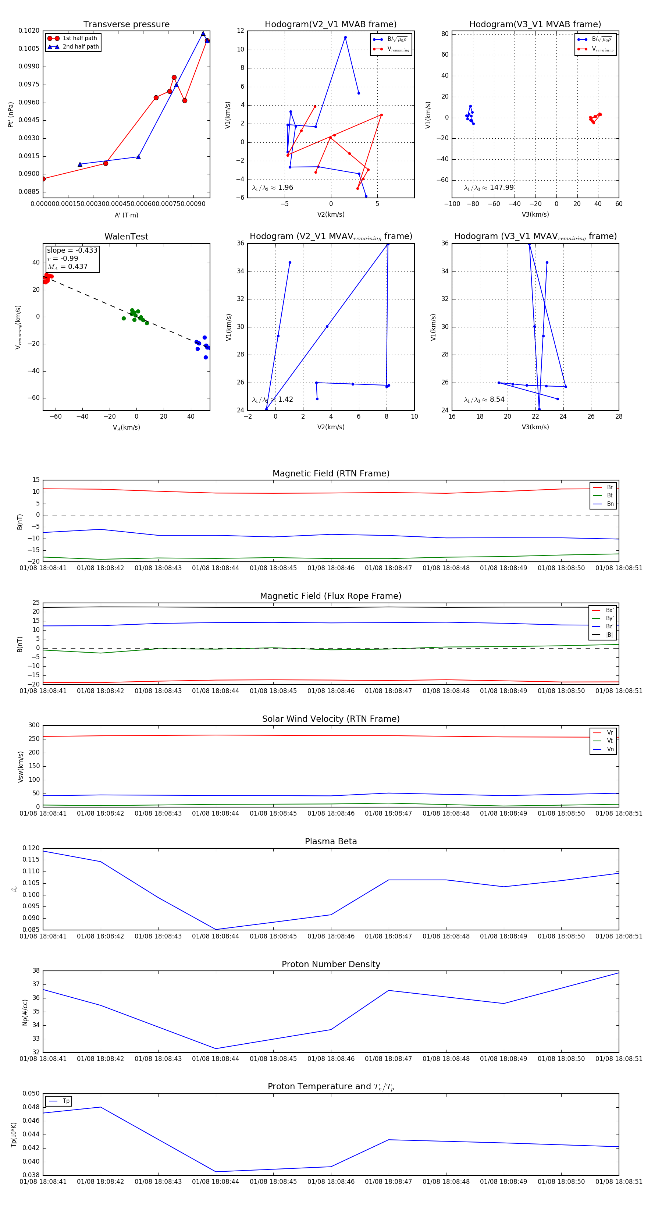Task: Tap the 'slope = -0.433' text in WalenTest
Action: pyautogui.click(x=72, y=250)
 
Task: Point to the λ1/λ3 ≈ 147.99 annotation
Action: pyautogui.click(x=489, y=188)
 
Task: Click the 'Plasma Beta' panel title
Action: pyautogui.click(x=331, y=841)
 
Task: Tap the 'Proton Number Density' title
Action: pyautogui.click(x=331, y=964)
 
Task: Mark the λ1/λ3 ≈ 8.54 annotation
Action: pyautogui.click(x=484, y=400)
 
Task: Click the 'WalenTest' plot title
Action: pyautogui.click(x=126, y=237)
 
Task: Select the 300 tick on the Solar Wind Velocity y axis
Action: pyautogui.click(x=34, y=725)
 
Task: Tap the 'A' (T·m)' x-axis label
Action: pyautogui.click(x=126, y=215)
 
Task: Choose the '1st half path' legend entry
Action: pyautogui.click(x=79, y=38)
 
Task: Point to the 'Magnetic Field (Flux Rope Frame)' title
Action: pyautogui.click(x=331, y=596)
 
